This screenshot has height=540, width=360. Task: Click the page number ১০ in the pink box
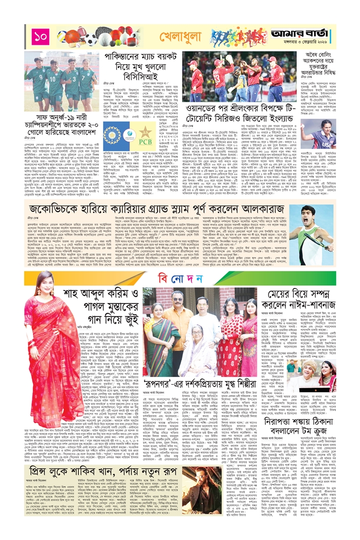(x=40, y=37)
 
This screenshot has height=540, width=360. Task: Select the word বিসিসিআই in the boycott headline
(x=154, y=75)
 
